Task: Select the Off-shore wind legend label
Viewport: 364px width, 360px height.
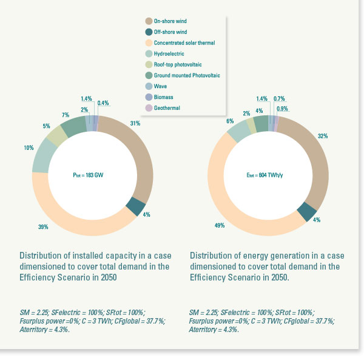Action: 172,32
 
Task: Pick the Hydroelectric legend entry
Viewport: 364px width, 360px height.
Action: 169,53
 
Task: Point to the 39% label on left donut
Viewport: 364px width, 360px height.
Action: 42,227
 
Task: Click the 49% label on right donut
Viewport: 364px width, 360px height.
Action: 220,225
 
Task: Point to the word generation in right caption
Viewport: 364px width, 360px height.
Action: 285,256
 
